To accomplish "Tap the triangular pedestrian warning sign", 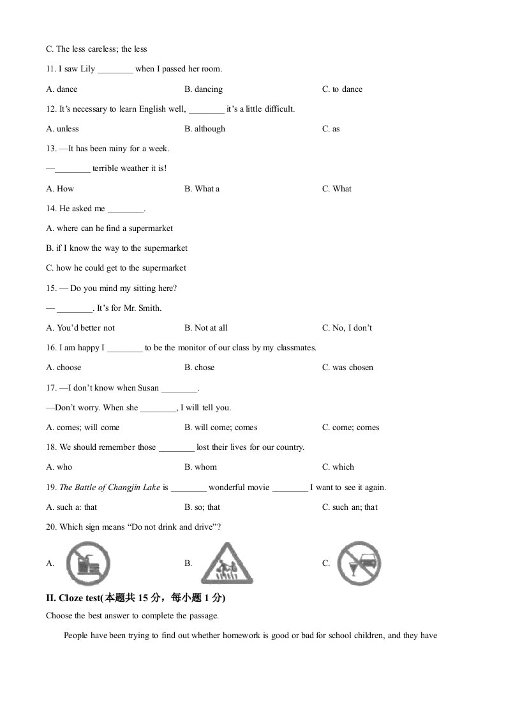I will pos(227,563).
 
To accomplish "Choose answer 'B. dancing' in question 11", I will pos(204,89).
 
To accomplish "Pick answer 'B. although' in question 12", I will pos(205,129).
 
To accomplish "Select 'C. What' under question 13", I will pos(337,189).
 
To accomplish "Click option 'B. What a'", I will pos(202,189).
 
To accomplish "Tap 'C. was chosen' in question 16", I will pos(348,368).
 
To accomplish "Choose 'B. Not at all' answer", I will pos(206,328).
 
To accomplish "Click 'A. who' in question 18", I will pos(59,467).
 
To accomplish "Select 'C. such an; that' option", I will pos(350,507).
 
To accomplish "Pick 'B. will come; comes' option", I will pos(221,428).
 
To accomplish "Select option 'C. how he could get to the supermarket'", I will pos(116,268).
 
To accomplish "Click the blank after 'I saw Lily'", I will pos(115,70).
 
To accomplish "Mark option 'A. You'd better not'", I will pos(80,328).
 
